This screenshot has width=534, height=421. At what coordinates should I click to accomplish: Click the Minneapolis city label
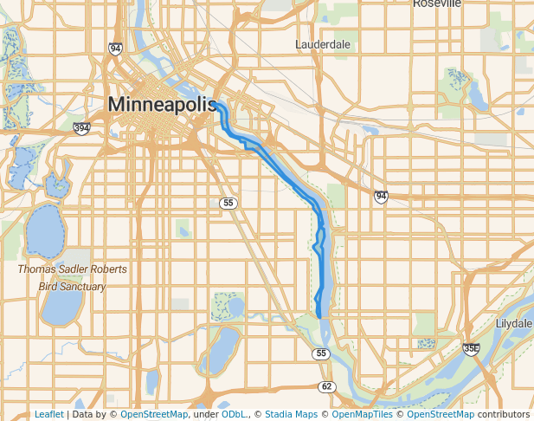coord(162,105)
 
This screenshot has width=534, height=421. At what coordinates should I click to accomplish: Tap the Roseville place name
coord(437,3)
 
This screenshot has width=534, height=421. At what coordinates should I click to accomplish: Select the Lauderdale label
coord(323,43)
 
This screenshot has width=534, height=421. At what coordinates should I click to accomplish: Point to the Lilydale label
coord(514,323)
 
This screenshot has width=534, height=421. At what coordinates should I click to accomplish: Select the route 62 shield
coord(325,385)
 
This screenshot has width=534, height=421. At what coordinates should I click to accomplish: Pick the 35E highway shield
coord(471,349)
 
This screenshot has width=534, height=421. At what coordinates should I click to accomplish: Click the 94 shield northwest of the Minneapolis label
coord(115,49)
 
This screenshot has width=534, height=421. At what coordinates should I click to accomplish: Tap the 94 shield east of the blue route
coord(381,198)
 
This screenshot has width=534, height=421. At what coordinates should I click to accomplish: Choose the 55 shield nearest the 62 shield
coord(321,353)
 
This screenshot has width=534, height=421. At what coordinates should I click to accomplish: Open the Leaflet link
coord(49,414)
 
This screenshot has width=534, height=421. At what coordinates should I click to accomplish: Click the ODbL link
coord(233,414)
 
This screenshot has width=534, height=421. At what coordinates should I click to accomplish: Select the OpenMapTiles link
coord(363,414)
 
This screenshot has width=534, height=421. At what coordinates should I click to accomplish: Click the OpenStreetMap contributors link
coord(467,414)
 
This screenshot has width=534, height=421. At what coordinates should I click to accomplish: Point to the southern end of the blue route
coord(318,316)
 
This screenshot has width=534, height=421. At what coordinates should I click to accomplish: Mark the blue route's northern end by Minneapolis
coord(216,103)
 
